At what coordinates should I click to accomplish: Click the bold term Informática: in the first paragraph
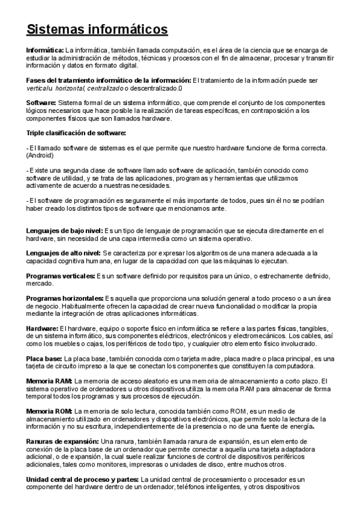point(45,49)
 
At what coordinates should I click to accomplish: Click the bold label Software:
point(41,103)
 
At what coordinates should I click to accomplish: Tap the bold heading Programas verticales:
point(61,276)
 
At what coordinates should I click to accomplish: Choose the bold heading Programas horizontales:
point(65,298)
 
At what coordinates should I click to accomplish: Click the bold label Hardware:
point(42,329)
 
